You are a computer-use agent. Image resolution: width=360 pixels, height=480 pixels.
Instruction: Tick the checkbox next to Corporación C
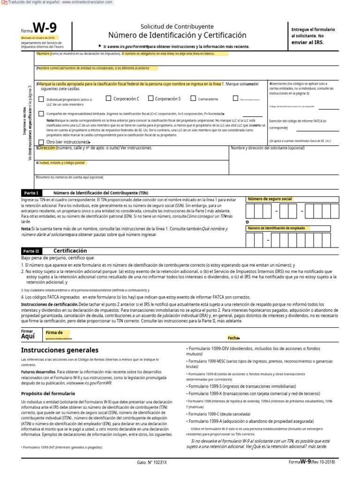[108, 98]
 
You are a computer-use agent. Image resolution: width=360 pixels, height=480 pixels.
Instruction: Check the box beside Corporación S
[150, 98]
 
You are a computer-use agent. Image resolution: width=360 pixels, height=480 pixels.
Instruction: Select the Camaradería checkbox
[193, 98]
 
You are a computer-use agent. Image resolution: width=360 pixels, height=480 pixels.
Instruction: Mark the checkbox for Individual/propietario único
[41, 99]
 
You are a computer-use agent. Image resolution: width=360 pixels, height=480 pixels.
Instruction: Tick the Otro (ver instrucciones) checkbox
[41, 142]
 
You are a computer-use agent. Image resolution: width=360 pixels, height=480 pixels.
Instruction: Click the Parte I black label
[31, 193]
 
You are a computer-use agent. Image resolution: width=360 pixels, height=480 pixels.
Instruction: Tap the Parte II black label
[31, 251]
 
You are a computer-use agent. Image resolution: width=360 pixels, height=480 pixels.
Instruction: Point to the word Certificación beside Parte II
[70, 251]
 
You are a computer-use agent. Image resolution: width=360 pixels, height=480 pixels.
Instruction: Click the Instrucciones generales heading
[60, 350]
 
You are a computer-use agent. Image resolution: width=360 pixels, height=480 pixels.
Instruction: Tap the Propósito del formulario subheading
[48, 393]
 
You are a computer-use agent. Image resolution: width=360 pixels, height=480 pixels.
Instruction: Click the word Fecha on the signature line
[233, 337]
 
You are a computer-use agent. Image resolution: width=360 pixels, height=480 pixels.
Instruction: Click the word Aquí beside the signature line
[28, 337]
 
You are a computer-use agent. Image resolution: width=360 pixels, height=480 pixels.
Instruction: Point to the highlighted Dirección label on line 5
[47, 148]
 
